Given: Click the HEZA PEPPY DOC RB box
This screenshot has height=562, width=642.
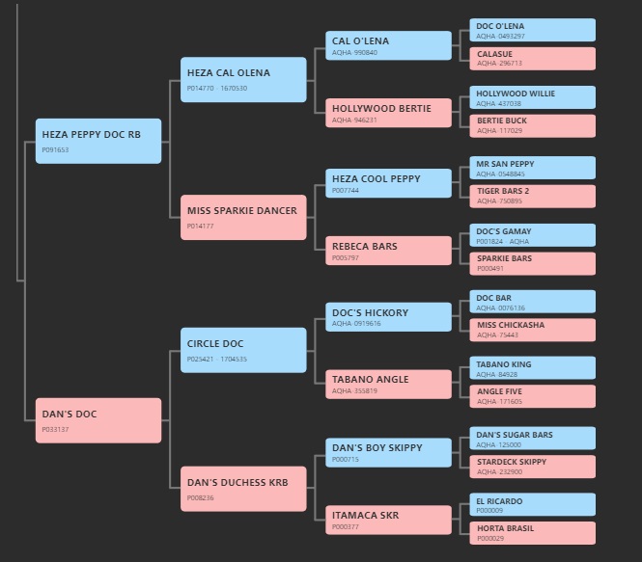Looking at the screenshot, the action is tap(98, 141).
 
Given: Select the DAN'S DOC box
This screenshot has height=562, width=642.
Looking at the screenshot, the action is tap(98, 420).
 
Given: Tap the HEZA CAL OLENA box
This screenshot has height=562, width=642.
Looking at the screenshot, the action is tap(243, 79).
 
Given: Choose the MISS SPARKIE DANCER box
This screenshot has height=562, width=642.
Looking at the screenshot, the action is tap(243, 217).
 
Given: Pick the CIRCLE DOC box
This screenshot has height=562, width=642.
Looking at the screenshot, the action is tap(243, 350).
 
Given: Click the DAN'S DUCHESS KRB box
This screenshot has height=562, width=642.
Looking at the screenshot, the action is tap(243, 489).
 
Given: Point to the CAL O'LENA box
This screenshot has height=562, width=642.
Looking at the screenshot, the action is tap(388, 45).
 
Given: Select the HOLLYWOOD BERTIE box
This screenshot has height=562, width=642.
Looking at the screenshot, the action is tap(388, 113).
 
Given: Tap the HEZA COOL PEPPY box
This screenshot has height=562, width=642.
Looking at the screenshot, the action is tap(388, 183).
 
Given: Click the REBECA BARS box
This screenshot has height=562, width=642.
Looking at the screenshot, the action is tap(388, 251).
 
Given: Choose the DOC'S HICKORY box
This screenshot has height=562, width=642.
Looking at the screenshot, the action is tap(388, 317).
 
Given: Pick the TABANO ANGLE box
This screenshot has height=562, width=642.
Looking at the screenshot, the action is tap(388, 385).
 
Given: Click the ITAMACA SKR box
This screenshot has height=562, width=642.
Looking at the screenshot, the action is tap(388, 520).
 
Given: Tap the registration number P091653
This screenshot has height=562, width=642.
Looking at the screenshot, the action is tap(55, 150).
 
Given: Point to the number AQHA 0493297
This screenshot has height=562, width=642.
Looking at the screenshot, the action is tap(500, 37).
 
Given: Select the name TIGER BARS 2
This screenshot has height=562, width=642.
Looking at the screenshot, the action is tap(503, 191).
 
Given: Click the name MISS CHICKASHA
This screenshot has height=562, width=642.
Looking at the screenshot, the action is tap(511, 325).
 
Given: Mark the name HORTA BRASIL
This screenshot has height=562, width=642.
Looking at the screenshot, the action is tap(505, 528).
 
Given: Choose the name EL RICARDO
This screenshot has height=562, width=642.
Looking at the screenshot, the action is tap(499, 501).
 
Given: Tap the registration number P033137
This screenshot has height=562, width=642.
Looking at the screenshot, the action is tap(55, 430).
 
